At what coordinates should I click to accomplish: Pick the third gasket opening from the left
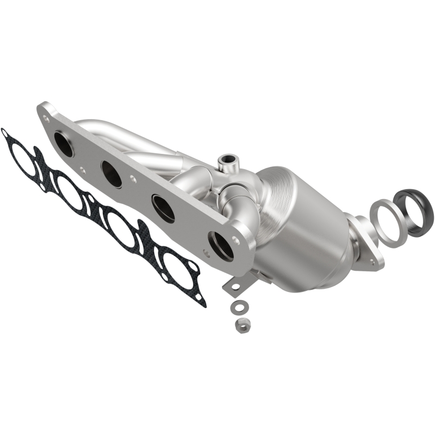pyautogui.click(x=121, y=229)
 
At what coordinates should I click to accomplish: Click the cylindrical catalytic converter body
pyautogui.click(x=304, y=228)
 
